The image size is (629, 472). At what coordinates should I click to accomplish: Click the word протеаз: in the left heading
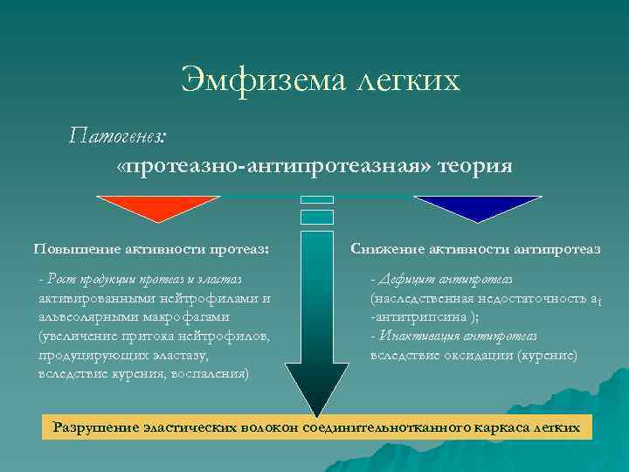pos(236,249)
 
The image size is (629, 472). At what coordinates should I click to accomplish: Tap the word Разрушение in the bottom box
pos(96,427)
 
